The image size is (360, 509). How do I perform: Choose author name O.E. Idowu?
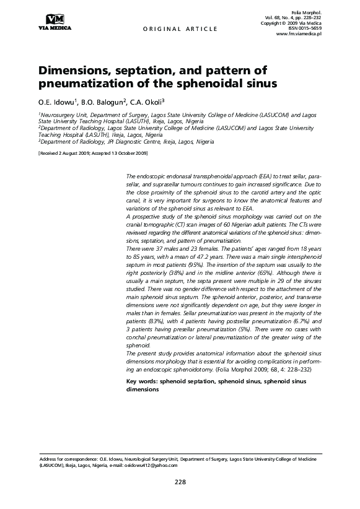[x=58, y=102]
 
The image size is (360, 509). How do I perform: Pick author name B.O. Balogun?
[x=103, y=102]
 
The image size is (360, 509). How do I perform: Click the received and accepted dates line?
[x=93, y=152]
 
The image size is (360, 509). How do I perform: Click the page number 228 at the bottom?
[x=180, y=482]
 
